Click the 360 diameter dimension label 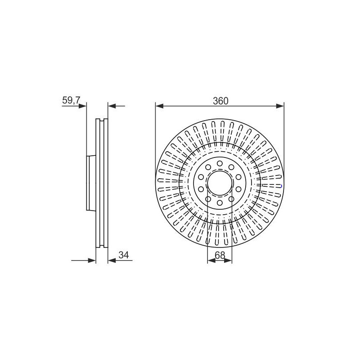220,101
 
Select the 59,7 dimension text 71,100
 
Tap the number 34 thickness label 124,255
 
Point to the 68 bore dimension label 220,255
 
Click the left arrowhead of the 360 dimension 159,106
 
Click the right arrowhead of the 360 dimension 280,106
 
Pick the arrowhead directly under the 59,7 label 82,106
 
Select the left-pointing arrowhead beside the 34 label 112,261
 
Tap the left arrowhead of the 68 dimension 211,261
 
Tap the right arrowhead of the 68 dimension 228,261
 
